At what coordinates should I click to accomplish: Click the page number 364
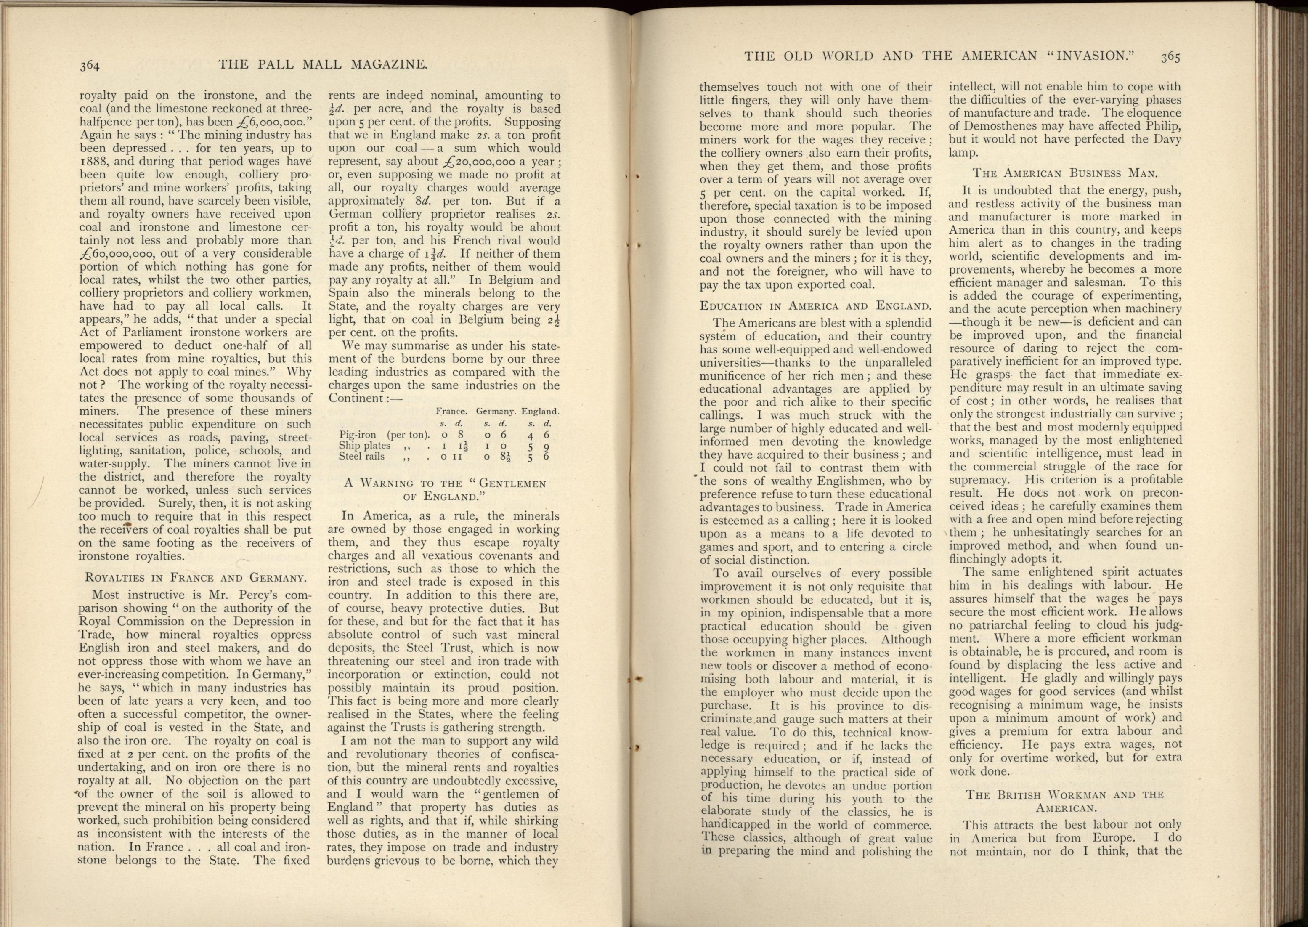(x=90, y=66)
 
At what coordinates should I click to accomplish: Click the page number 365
(x=1169, y=56)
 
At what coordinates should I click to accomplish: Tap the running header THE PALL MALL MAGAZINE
(x=323, y=65)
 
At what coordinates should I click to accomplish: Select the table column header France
(x=451, y=411)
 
